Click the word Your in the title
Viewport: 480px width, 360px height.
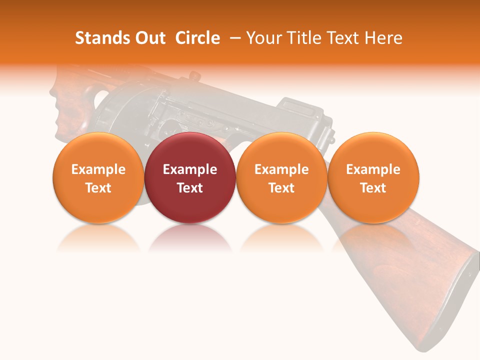coord(262,38)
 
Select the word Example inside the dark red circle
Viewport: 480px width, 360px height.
coord(190,169)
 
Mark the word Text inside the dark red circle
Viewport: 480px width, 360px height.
coord(190,188)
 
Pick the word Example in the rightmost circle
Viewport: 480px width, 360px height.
coord(373,169)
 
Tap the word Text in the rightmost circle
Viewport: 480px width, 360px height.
coord(373,188)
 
